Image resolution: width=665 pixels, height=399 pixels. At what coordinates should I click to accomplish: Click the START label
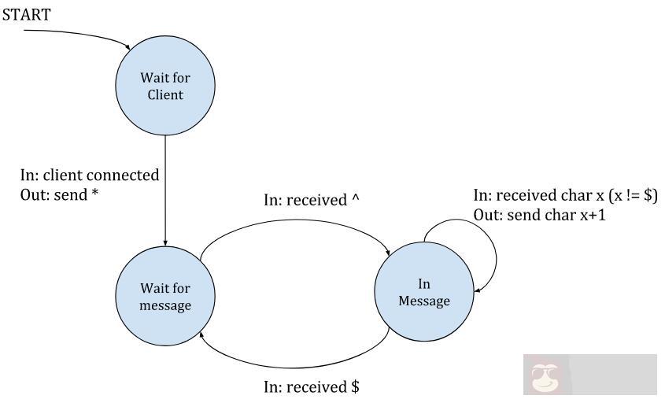pyautogui.click(x=26, y=14)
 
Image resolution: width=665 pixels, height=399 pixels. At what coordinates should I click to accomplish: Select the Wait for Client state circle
pyautogui.click(x=165, y=87)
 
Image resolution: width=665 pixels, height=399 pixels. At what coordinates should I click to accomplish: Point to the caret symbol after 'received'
pyautogui.click(x=355, y=200)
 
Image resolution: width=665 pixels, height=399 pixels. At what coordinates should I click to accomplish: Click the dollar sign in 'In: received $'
pyautogui.click(x=355, y=386)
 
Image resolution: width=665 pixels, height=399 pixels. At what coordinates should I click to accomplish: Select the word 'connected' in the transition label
pyautogui.click(x=126, y=175)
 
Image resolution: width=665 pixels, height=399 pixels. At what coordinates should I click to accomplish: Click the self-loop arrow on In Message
pyautogui.click(x=495, y=256)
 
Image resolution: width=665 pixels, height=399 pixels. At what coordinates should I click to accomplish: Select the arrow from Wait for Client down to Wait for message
pyautogui.click(x=165, y=189)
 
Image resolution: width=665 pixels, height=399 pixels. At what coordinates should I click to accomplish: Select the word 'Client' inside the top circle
pyautogui.click(x=165, y=95)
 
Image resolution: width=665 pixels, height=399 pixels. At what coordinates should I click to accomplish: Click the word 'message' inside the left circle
pyautogui.click(x=165, y=305)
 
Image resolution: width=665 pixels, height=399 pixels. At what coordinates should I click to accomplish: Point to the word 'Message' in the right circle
pyautogui.click(x=423, y=301)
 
